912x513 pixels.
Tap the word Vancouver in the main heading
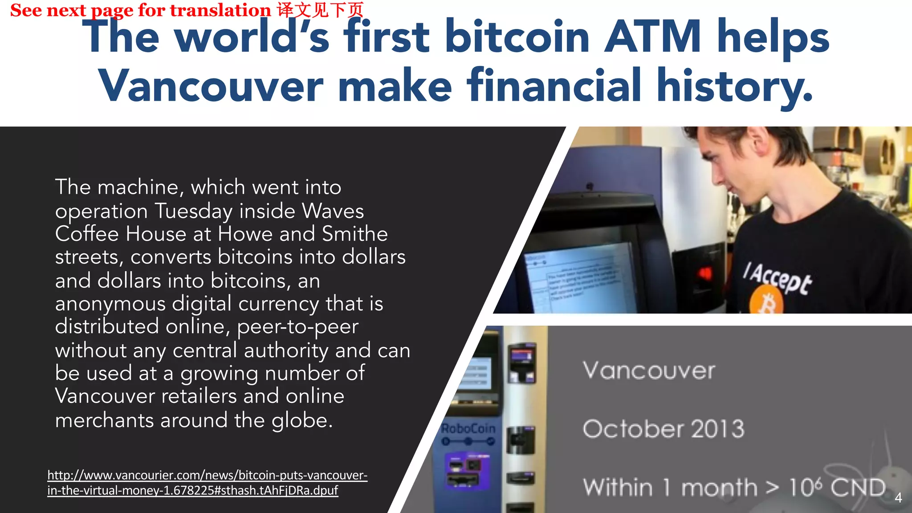tap(210, 85)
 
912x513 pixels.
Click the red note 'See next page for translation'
tap(140, 10)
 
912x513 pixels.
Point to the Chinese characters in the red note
tap(320, 10)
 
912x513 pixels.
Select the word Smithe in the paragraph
tap(354, 234)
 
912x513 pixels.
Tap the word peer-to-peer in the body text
tap(297, 327)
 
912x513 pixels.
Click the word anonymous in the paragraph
tap(110, 304)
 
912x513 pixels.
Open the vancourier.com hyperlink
tap(207, 483)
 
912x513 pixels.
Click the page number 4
tap(898, 497)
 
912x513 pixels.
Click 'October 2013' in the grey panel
tap(664, 429)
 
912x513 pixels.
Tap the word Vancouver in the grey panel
tap(649, 370)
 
